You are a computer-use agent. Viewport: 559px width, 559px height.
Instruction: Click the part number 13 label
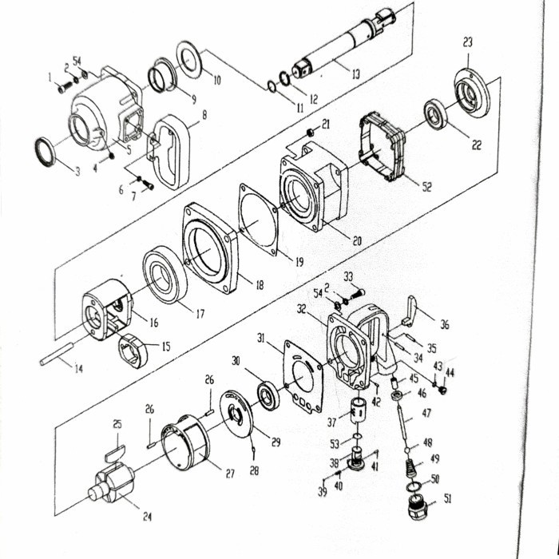(x=355, y=75)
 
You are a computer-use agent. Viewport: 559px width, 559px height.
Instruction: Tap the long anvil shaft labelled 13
(x=343, y=47)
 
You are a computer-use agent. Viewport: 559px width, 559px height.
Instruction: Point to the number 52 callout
(x=426, y=187)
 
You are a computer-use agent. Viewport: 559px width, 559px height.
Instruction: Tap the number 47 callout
(x=426, y=413)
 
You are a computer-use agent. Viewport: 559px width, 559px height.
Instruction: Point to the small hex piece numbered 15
(x=133, y=350)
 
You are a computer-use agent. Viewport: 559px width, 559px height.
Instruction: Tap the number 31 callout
(x=260, y=339)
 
